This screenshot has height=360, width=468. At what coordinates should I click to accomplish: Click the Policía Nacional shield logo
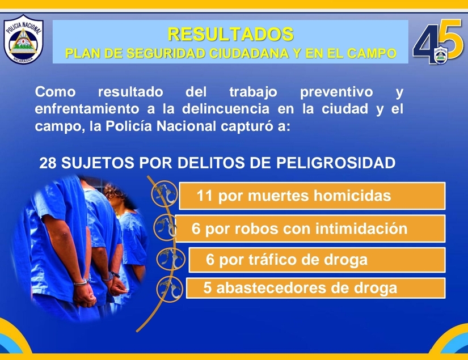pyautogui.click(x=24, y=39)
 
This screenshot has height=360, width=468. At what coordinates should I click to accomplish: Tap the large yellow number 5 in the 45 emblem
pyautogui.click(x=450, y=39)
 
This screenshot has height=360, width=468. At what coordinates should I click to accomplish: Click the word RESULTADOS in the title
pyautogui.click(x=230, y=34)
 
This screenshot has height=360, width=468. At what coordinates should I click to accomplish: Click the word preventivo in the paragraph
pyautogui.click(x=336, y=92)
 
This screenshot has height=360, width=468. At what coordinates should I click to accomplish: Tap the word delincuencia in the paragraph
pyautogui.click(x=226, y=108)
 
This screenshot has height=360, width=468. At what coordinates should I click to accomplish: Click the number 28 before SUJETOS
pyautogui.click(x=48, y=163)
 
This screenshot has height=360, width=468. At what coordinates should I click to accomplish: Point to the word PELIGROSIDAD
pyautogui.click(x=336, y=163)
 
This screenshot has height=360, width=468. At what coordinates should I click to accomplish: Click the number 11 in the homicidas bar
pyautogui.click(x=204, y=196)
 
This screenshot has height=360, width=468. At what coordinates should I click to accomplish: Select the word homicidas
pyautogui.click(x=352, y=196)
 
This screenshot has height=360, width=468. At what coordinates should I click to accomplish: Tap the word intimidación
pyautogui.click(x=361, y=229)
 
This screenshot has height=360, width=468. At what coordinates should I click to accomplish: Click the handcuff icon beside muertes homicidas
pyautogui.click(x=164, y=194)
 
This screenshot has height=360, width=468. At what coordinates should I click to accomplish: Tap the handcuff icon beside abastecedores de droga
pyautogui.click(x=170, y=289)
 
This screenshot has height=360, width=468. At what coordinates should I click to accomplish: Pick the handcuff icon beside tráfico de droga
pyautogui.click(x=170, y=259)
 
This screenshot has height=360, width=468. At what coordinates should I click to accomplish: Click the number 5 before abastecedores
pyautogui.click(x=208, y=288)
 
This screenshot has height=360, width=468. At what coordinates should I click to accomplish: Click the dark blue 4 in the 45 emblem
pyautogui.click(x=425, y=43)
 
